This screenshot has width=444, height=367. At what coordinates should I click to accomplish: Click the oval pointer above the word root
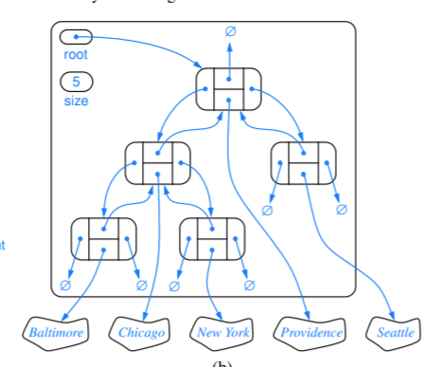pos(75,38)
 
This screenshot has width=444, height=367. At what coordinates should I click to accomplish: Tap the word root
pos(75,55)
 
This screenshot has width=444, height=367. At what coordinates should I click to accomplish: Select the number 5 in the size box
pos(75,82)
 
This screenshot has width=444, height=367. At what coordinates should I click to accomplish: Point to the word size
pos(75,100)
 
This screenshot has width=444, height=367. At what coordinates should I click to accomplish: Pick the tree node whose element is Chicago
pos(158,163)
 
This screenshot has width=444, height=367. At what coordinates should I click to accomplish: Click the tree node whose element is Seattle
pos(303,163)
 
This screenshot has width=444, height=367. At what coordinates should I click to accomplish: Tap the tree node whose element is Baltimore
pos(103,238)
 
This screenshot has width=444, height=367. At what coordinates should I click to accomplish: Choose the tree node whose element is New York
pos(212,238)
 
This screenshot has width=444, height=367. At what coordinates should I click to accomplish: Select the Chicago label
pos(142,332)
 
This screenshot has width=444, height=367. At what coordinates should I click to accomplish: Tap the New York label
pos(223,332)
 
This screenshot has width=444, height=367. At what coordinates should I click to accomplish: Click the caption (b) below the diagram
pos(224,361)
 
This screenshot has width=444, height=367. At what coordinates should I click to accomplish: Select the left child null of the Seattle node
pos(267,210)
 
